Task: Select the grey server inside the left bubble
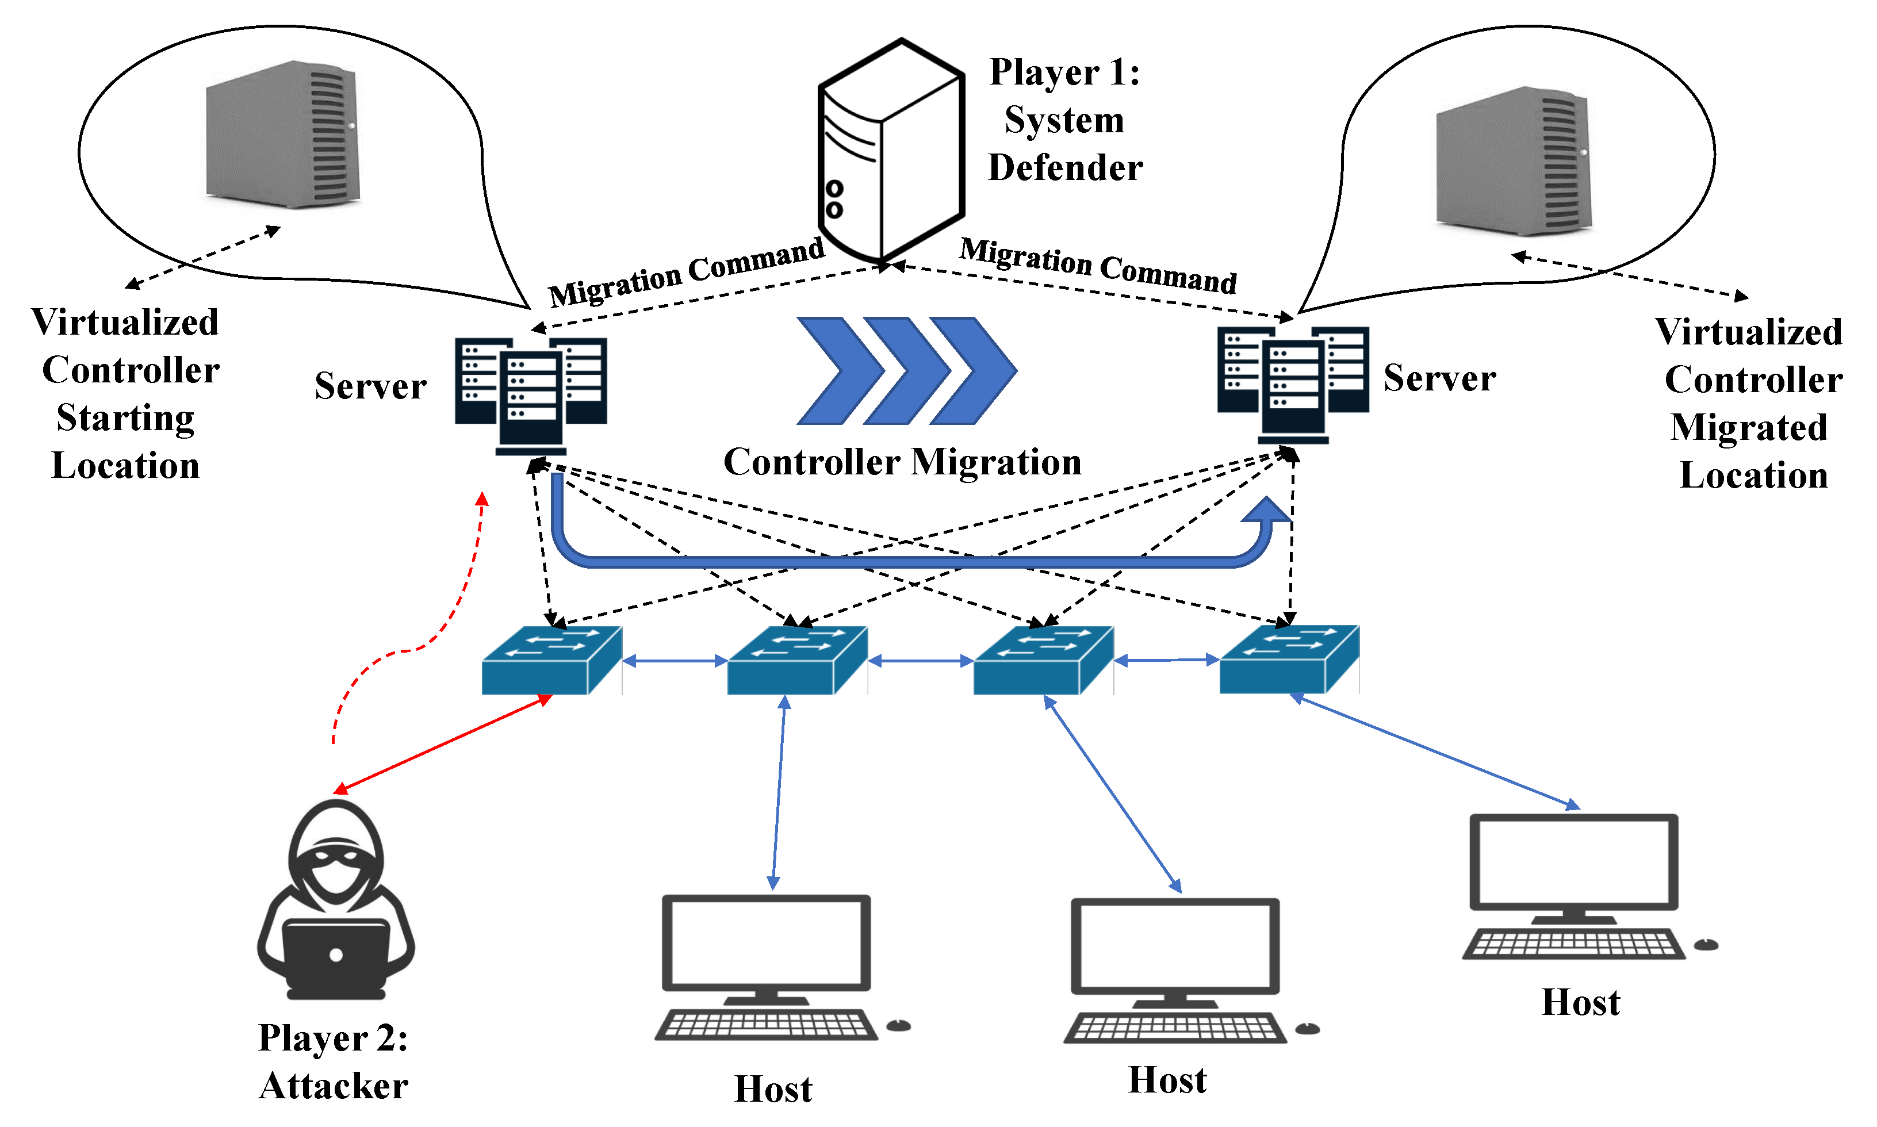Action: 282,135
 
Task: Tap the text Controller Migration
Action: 902,462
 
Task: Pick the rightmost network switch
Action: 1289,658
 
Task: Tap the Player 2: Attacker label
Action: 334,1061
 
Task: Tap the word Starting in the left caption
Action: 125,417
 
